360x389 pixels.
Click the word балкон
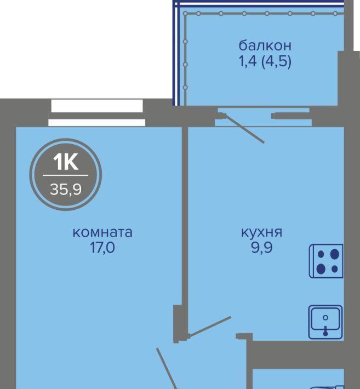(265, 46)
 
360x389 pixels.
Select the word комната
(102, 233)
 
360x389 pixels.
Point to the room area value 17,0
(102, 248)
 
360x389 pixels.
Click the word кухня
(262, 233)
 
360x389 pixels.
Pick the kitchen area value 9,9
(262, 248)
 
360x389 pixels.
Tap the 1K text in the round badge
(66, 162)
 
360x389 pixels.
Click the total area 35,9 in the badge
(66, 190)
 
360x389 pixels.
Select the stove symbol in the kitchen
(326, 261)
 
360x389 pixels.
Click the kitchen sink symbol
(325, 322)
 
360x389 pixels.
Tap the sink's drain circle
(325, 318)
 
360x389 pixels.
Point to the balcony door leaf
(244, 128)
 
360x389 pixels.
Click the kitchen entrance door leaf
(210, 326)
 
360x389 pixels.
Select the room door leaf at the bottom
(167, 368)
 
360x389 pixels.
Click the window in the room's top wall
(97, 113)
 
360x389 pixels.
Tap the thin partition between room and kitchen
(185, 216)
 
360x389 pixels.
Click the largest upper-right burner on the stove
(335, 254)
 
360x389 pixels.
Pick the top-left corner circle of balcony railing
(185, 14)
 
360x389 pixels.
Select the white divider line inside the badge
(66, 175)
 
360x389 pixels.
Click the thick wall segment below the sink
(298, 354)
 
